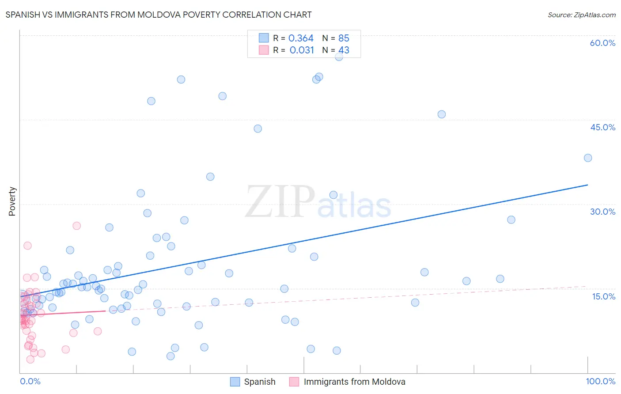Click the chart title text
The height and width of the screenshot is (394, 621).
pyautogui.click(x=159, y=15)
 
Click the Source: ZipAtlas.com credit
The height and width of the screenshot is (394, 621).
pyautogui.click(x=581, y=15)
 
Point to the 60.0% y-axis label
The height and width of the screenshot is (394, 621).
pyautogui.click(x=602, y=43)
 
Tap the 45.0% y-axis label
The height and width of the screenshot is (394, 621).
pyautogui.click(x=602, y=127)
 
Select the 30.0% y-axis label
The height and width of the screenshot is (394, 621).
pyautogui.click(x=602, y=212)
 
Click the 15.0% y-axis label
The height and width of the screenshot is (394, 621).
pyautogui.click(x=603, y=296)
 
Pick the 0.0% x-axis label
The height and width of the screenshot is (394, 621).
pyautogui.click(x=30, y=381)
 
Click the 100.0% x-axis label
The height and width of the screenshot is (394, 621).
pyautogui.click(x=600, y=381)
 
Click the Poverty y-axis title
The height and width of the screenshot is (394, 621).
pyautogui.click(x=12, y=201)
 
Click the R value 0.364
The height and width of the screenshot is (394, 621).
pyautogui.click(x=301, y=38)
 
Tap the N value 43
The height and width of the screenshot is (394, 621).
pyautogui.click(x=344, y=50)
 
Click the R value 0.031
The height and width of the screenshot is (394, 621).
pyautogui.click(x=302, y=50)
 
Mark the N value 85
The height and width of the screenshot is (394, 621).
pyautogui.click(x=344, y=38)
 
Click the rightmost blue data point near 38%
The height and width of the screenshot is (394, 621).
pyautogui.click(x=587, y=158)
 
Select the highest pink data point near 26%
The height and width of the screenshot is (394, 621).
pyautogui.click(x=76, y=226)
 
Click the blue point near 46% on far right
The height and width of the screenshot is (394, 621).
pyautogui.click(x=441, y=114)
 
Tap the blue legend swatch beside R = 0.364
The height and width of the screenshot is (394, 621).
pyautogui.click(x=264, y=38)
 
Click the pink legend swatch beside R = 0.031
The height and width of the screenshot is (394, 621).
pyautogui.click(x=264, y=50)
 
